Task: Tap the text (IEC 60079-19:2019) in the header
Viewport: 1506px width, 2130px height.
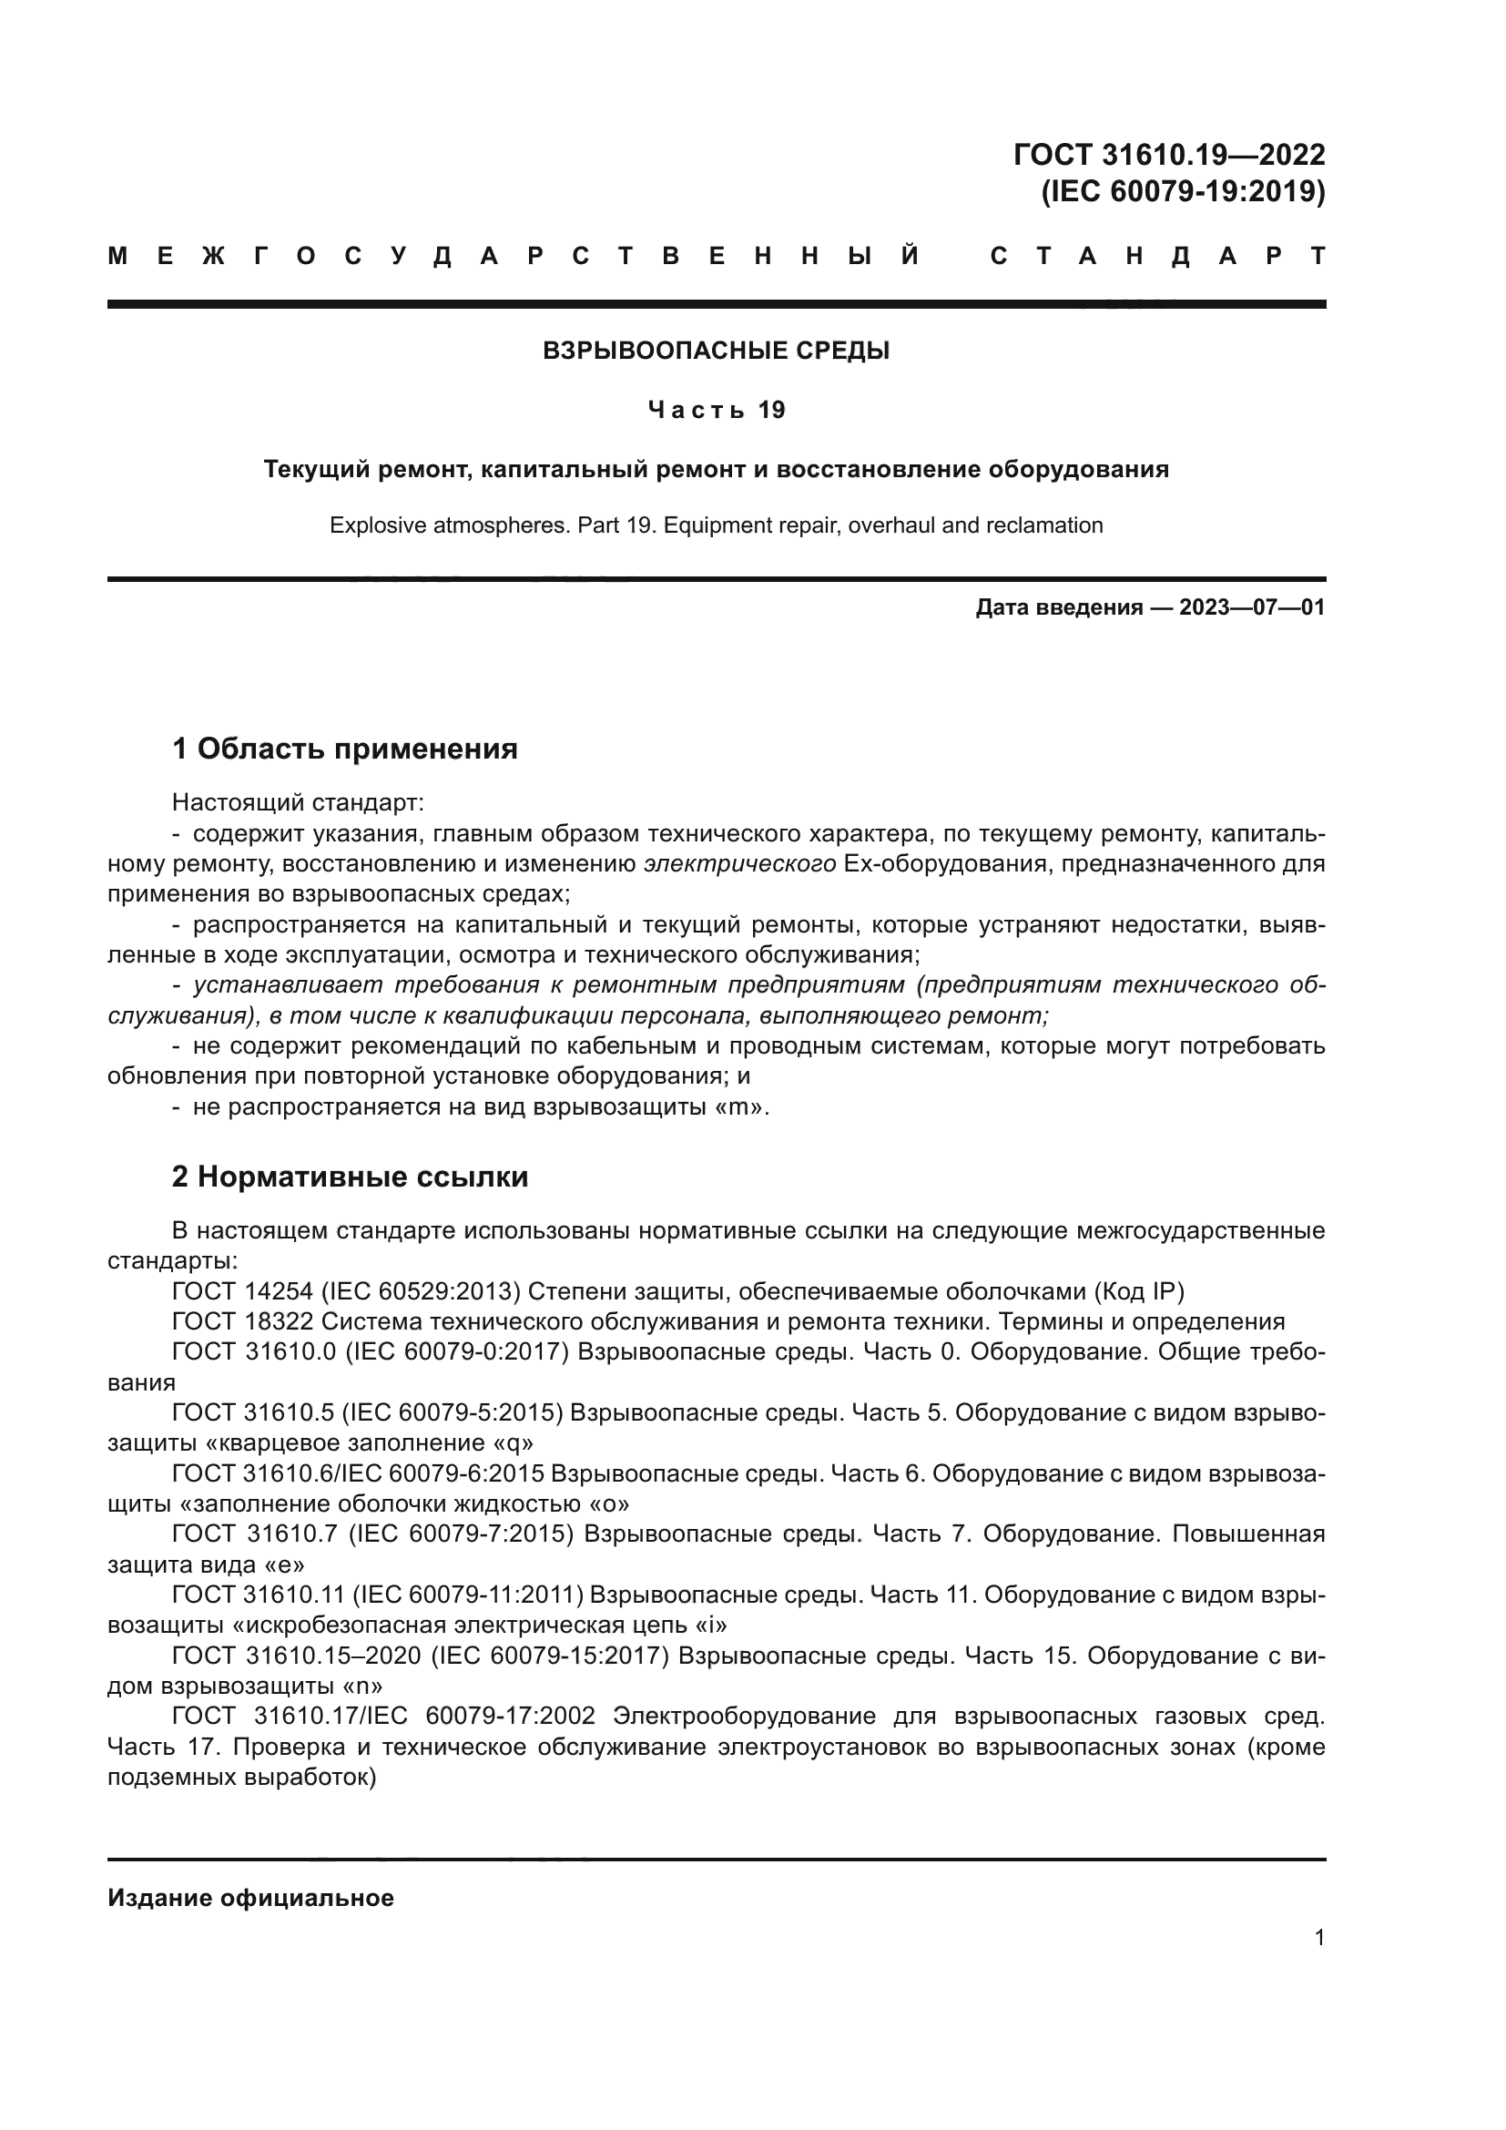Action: tap(1183, 191)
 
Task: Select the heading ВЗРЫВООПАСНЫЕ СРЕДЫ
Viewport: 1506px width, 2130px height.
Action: tap(716, 351)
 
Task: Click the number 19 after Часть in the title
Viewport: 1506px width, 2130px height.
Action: tap(771, 410)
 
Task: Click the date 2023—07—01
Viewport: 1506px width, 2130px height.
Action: tap(1252, 607)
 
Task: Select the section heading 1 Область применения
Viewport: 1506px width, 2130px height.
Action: tap(345, 748)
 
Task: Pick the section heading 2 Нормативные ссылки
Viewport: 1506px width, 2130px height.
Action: tap(351, 1177)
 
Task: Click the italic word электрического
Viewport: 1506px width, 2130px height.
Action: tap(740, 863)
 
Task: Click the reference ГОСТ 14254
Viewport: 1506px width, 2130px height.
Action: tap(242, 1291)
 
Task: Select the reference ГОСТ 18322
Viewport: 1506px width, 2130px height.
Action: tap(242, 1322)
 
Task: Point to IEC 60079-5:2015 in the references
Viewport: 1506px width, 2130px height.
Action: tap(453, 1413)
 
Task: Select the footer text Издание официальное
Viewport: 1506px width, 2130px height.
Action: tap(250, 1898)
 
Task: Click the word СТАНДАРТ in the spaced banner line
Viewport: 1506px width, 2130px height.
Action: tap(1157, 256)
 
